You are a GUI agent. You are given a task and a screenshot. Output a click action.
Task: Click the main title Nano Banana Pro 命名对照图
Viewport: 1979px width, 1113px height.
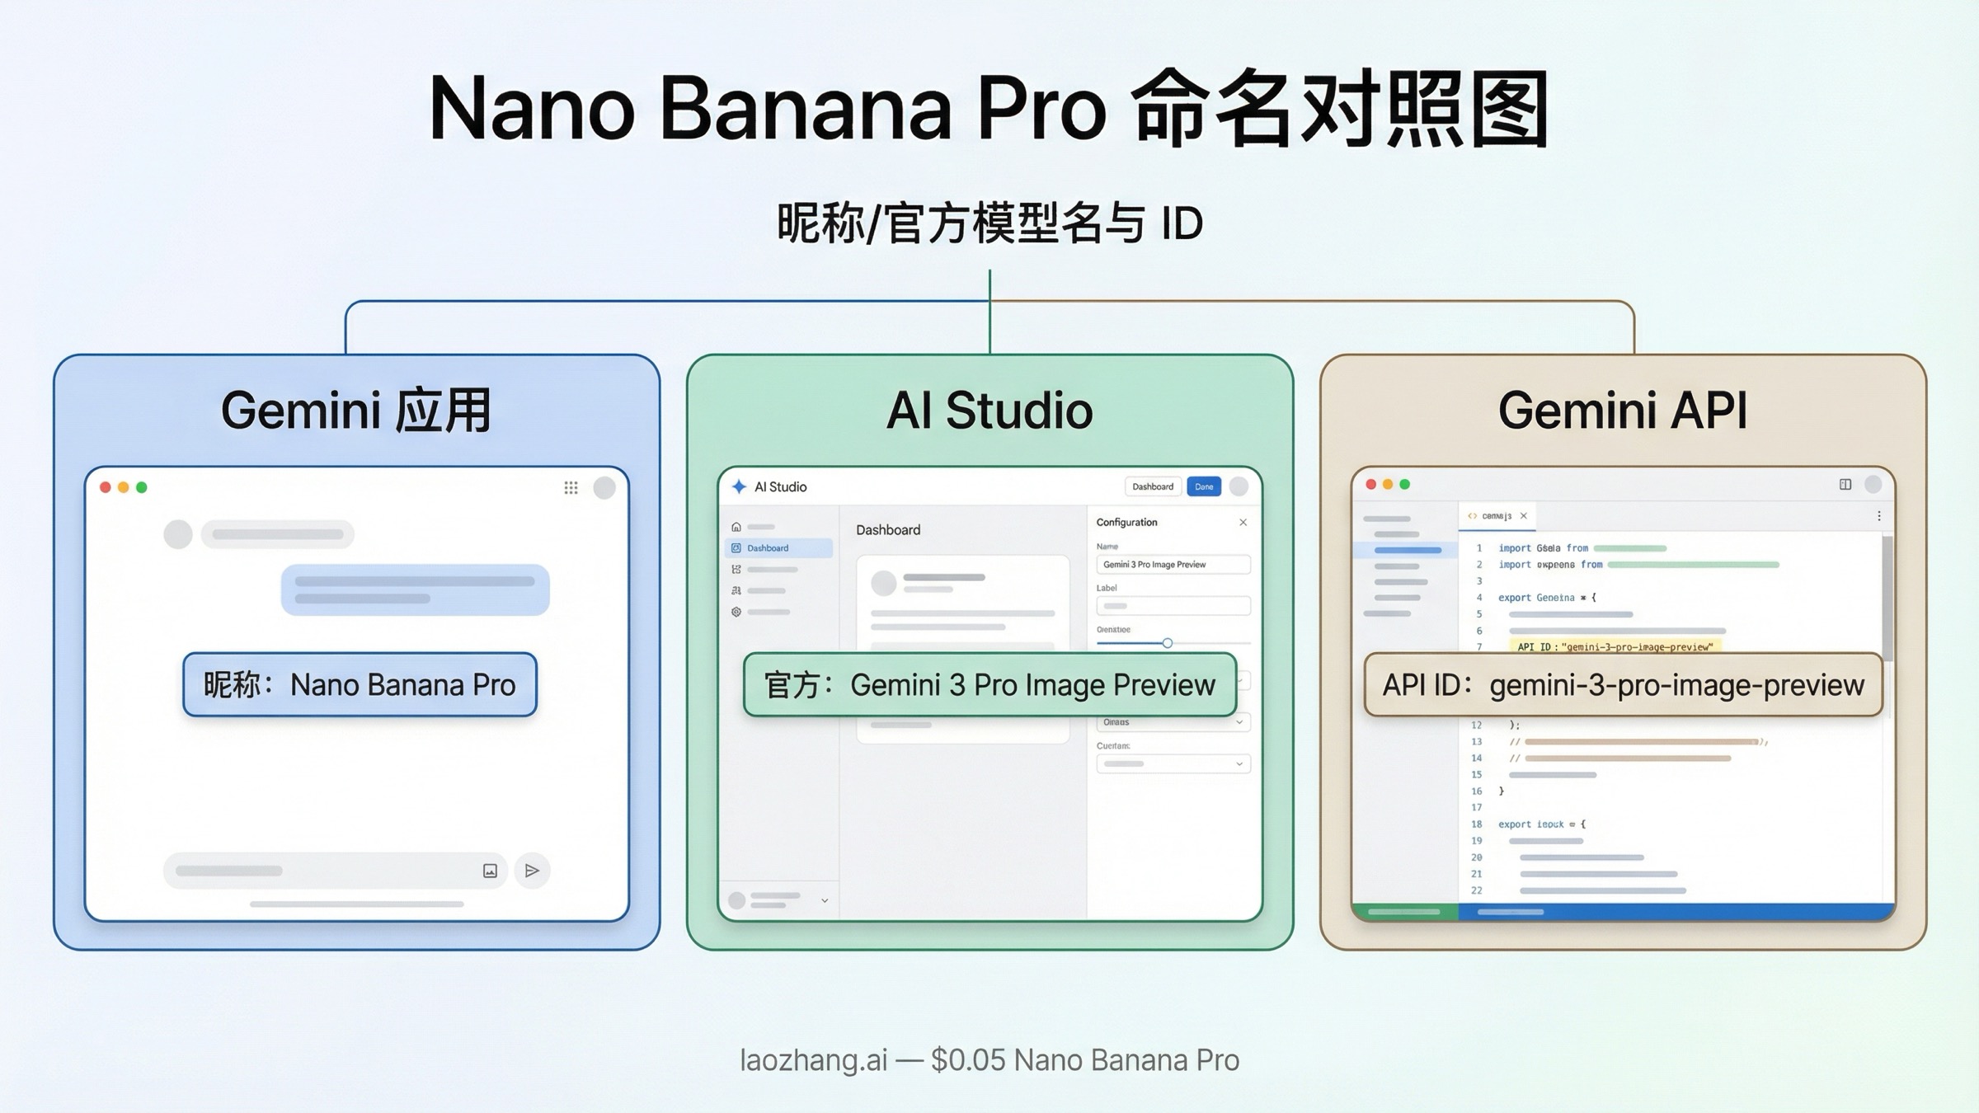(989, 110)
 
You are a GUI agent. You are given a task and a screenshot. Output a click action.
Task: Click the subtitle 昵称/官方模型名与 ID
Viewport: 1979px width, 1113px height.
(989, 223)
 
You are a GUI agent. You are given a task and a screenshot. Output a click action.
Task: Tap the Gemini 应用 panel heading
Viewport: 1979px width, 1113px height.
(356, 411)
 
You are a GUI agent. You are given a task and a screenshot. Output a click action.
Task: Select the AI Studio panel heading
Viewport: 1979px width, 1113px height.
(989, 411)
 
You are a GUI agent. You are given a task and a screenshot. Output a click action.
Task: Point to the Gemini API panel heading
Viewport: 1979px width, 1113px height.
(1622, 411)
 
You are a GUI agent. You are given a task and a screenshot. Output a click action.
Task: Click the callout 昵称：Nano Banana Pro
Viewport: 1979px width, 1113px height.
(360, 685)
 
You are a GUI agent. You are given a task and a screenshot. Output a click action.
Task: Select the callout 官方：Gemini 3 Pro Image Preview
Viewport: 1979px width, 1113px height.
(989, 685)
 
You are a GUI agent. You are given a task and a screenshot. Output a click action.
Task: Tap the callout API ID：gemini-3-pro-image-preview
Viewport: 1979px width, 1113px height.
(1623, 685)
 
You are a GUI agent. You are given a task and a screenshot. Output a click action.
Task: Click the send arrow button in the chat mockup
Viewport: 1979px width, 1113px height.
(532, 871)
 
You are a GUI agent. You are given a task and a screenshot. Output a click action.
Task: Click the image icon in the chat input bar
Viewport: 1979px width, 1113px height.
(490, 871)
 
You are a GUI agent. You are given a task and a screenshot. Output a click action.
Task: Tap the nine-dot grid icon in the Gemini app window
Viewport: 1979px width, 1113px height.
(571, 487)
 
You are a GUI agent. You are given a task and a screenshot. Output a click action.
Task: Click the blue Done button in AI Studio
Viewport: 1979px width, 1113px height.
(1204, 486)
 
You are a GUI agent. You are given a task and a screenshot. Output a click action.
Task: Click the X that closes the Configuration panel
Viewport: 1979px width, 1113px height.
(1243, 523)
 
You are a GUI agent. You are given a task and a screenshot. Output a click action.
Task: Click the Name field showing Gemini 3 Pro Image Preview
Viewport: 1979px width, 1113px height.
(1173, 565)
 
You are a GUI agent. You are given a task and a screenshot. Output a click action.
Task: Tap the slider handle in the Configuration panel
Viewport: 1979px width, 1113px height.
(1167, 643)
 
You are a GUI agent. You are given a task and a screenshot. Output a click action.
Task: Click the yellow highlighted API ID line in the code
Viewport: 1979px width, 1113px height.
(1614, 647)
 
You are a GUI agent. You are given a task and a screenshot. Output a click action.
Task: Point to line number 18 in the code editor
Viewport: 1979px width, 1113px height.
(1477, 824)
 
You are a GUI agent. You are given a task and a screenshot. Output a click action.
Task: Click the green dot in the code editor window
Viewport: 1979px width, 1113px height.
(1405, 485)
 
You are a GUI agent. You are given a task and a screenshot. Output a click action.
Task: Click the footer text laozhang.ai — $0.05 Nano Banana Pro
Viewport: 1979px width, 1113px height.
(989, 1060)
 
